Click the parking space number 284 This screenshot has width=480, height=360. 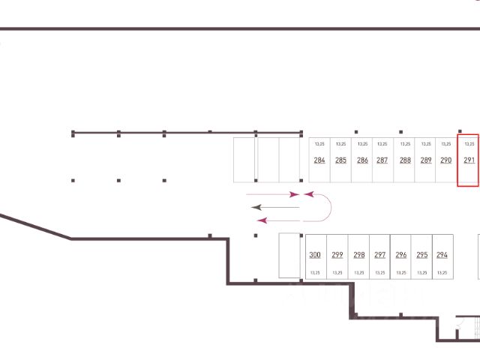click(319, 160)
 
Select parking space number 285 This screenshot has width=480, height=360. click(340, 160)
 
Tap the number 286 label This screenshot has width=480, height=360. click(362, 160)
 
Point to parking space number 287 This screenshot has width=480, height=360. click(382, 160)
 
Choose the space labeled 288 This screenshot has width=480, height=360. click(405, 160)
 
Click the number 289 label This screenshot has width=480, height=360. click(426, 160)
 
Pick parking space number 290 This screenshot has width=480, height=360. click(445, 160)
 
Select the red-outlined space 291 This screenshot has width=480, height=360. click(469, 160)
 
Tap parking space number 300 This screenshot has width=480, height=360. click(315, 255)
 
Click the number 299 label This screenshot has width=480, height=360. click(337, 255)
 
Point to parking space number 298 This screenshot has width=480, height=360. click(358, 255)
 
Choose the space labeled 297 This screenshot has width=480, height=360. click(379, 255)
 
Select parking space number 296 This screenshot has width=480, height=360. click(401, 255)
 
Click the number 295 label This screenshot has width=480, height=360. click(421, 255)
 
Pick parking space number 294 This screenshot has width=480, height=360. click(442, 255)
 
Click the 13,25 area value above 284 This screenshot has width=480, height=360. click(319, 143)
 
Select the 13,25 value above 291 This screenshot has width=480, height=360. click(469, 143)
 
